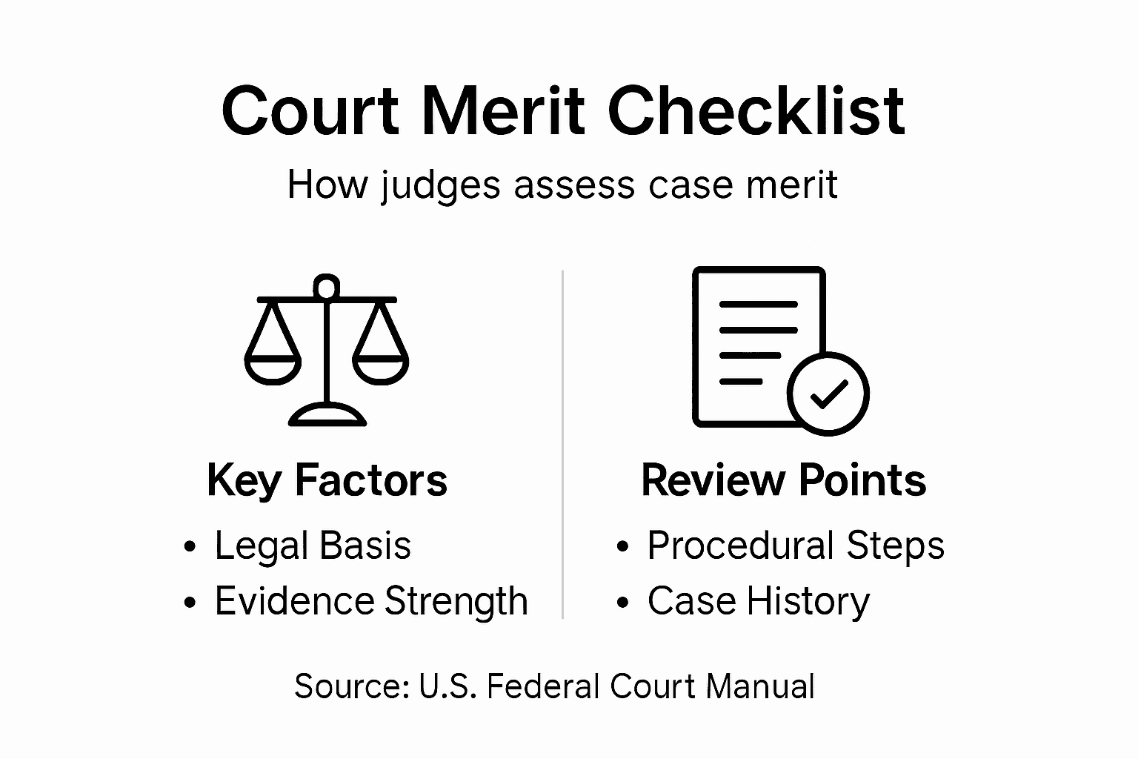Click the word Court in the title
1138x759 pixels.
tap(310, 111)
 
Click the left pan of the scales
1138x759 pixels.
tap(273, 368)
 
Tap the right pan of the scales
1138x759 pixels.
tap(380, 368)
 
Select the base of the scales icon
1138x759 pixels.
tap(327, 417)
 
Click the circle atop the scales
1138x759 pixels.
tap(326, 287)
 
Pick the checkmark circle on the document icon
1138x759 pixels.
tap(828, 394)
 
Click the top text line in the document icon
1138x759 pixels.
tap(758, 305)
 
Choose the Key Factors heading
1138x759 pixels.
tap(327, 480)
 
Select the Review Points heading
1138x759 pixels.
tap(783, 480)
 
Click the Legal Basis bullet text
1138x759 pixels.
tap(313, 546)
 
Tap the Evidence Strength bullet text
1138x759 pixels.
tap(371, 601)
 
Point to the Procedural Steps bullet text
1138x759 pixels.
tap(796, 546)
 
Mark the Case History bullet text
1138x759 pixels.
tap(759, 601)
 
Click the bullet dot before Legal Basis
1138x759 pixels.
tap(190, 548)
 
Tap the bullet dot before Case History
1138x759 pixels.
tap(622, 603)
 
